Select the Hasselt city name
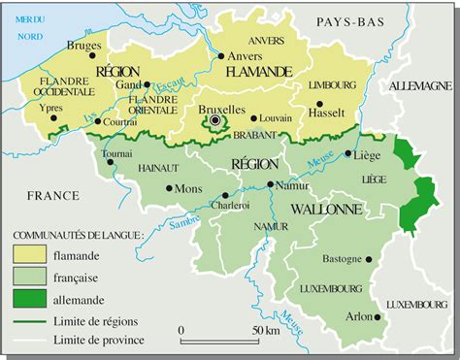[x=326, y=113]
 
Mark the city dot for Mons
[x=170, y=188]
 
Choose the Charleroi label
[x=230, y=205]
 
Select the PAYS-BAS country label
[x=342, y=20]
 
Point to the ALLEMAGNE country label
[x=419, y=87]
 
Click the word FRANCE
[x=52, y=195]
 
